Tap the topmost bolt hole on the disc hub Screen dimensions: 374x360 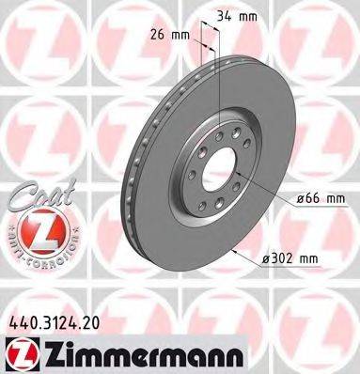(x=219, y=134)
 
